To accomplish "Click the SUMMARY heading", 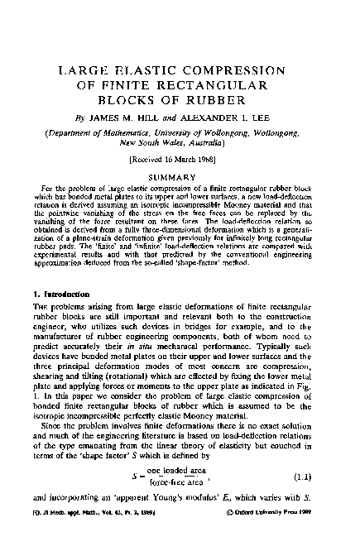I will [180, 178].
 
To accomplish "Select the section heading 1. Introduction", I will [63, 296].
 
